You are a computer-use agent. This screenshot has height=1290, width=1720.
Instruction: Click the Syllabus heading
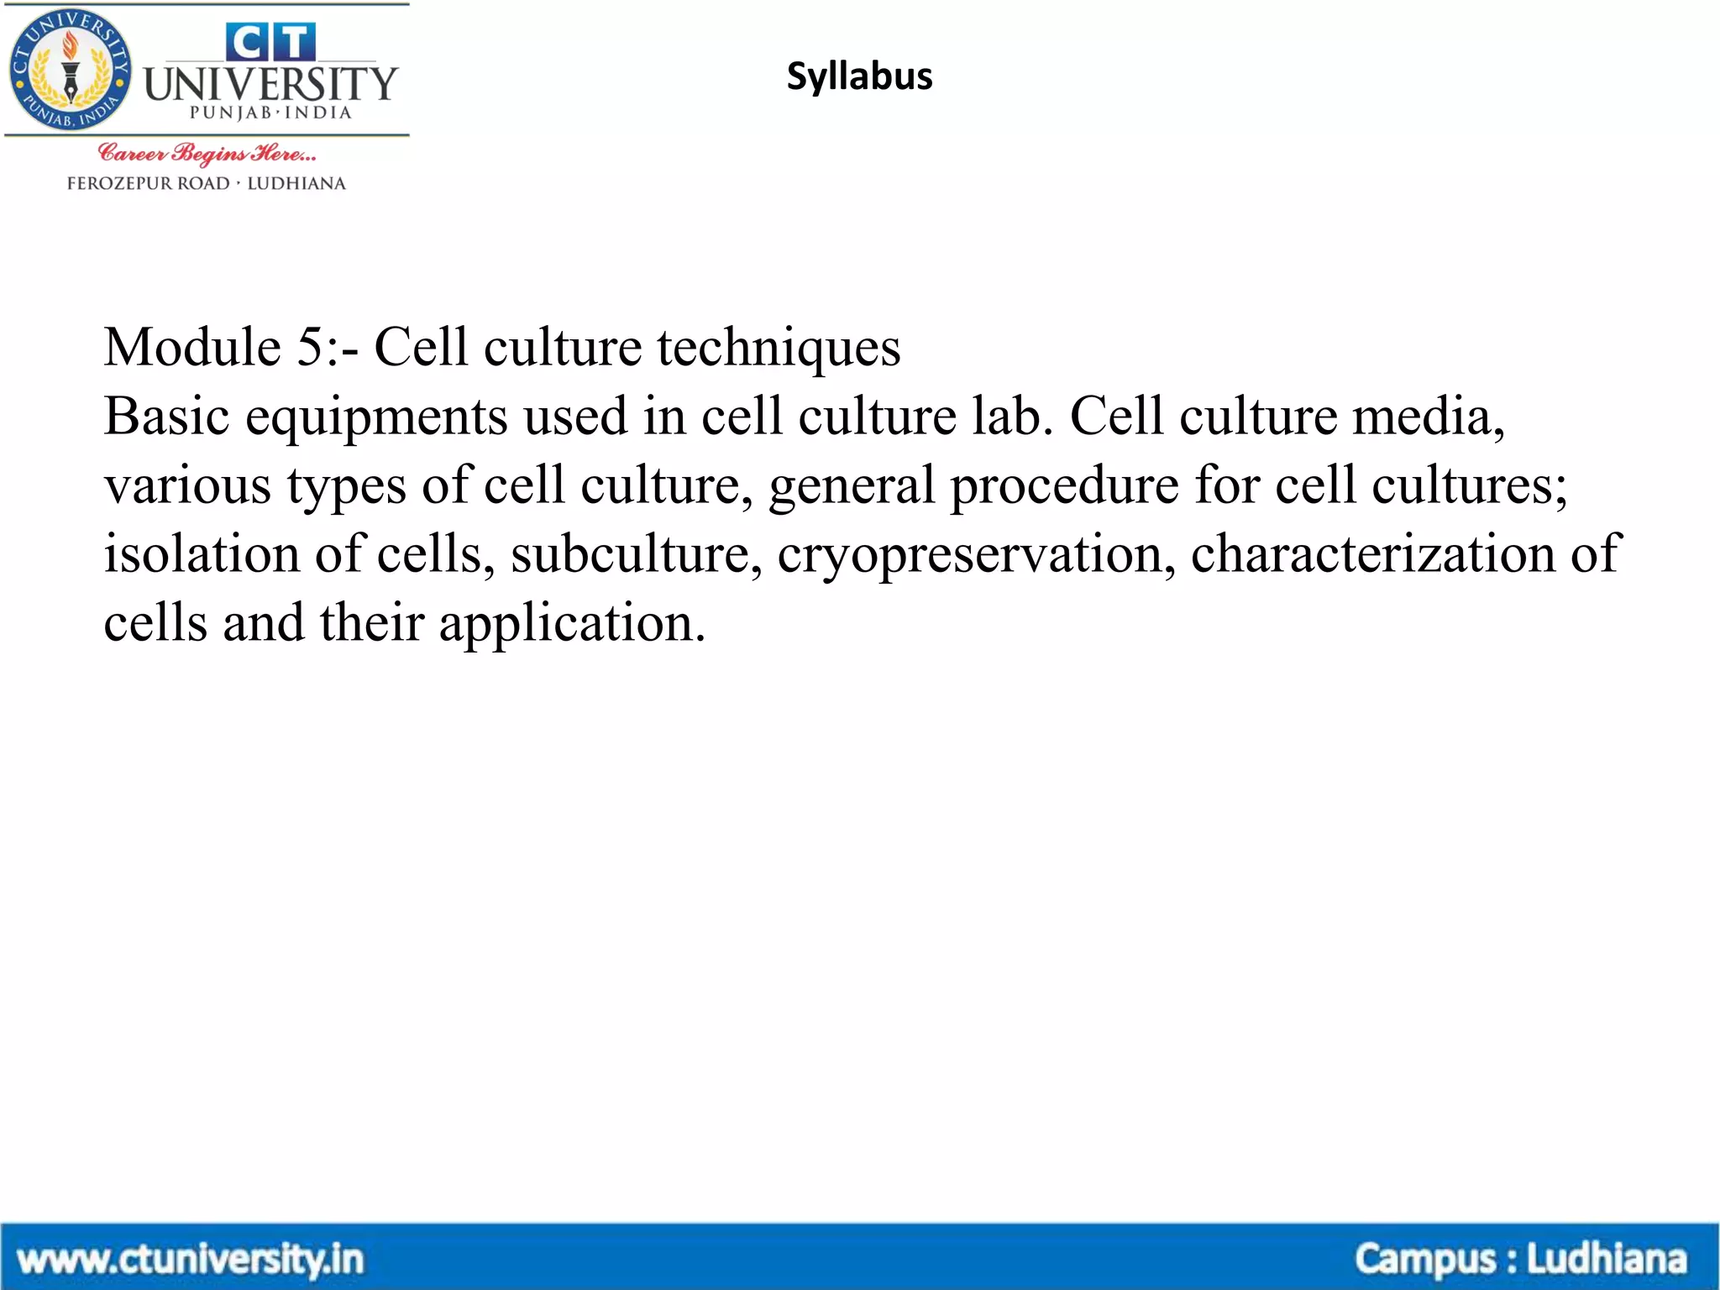click(x=859, y=76)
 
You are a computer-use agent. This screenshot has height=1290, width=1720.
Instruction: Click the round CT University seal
click(x=70, y=71)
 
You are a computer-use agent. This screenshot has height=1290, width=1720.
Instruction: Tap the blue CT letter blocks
click(x=270, y=41)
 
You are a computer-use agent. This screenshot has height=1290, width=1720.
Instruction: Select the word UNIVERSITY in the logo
click(x=270, y=84)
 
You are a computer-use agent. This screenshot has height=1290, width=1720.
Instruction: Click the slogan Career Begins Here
click(x=207, y=154)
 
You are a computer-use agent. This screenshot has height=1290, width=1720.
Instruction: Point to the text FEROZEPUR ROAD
click(x=148, y=183)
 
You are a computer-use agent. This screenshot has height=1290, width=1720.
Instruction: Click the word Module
click(x=192, y=347)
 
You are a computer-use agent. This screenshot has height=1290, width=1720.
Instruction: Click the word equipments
click(x=376, y=417)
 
